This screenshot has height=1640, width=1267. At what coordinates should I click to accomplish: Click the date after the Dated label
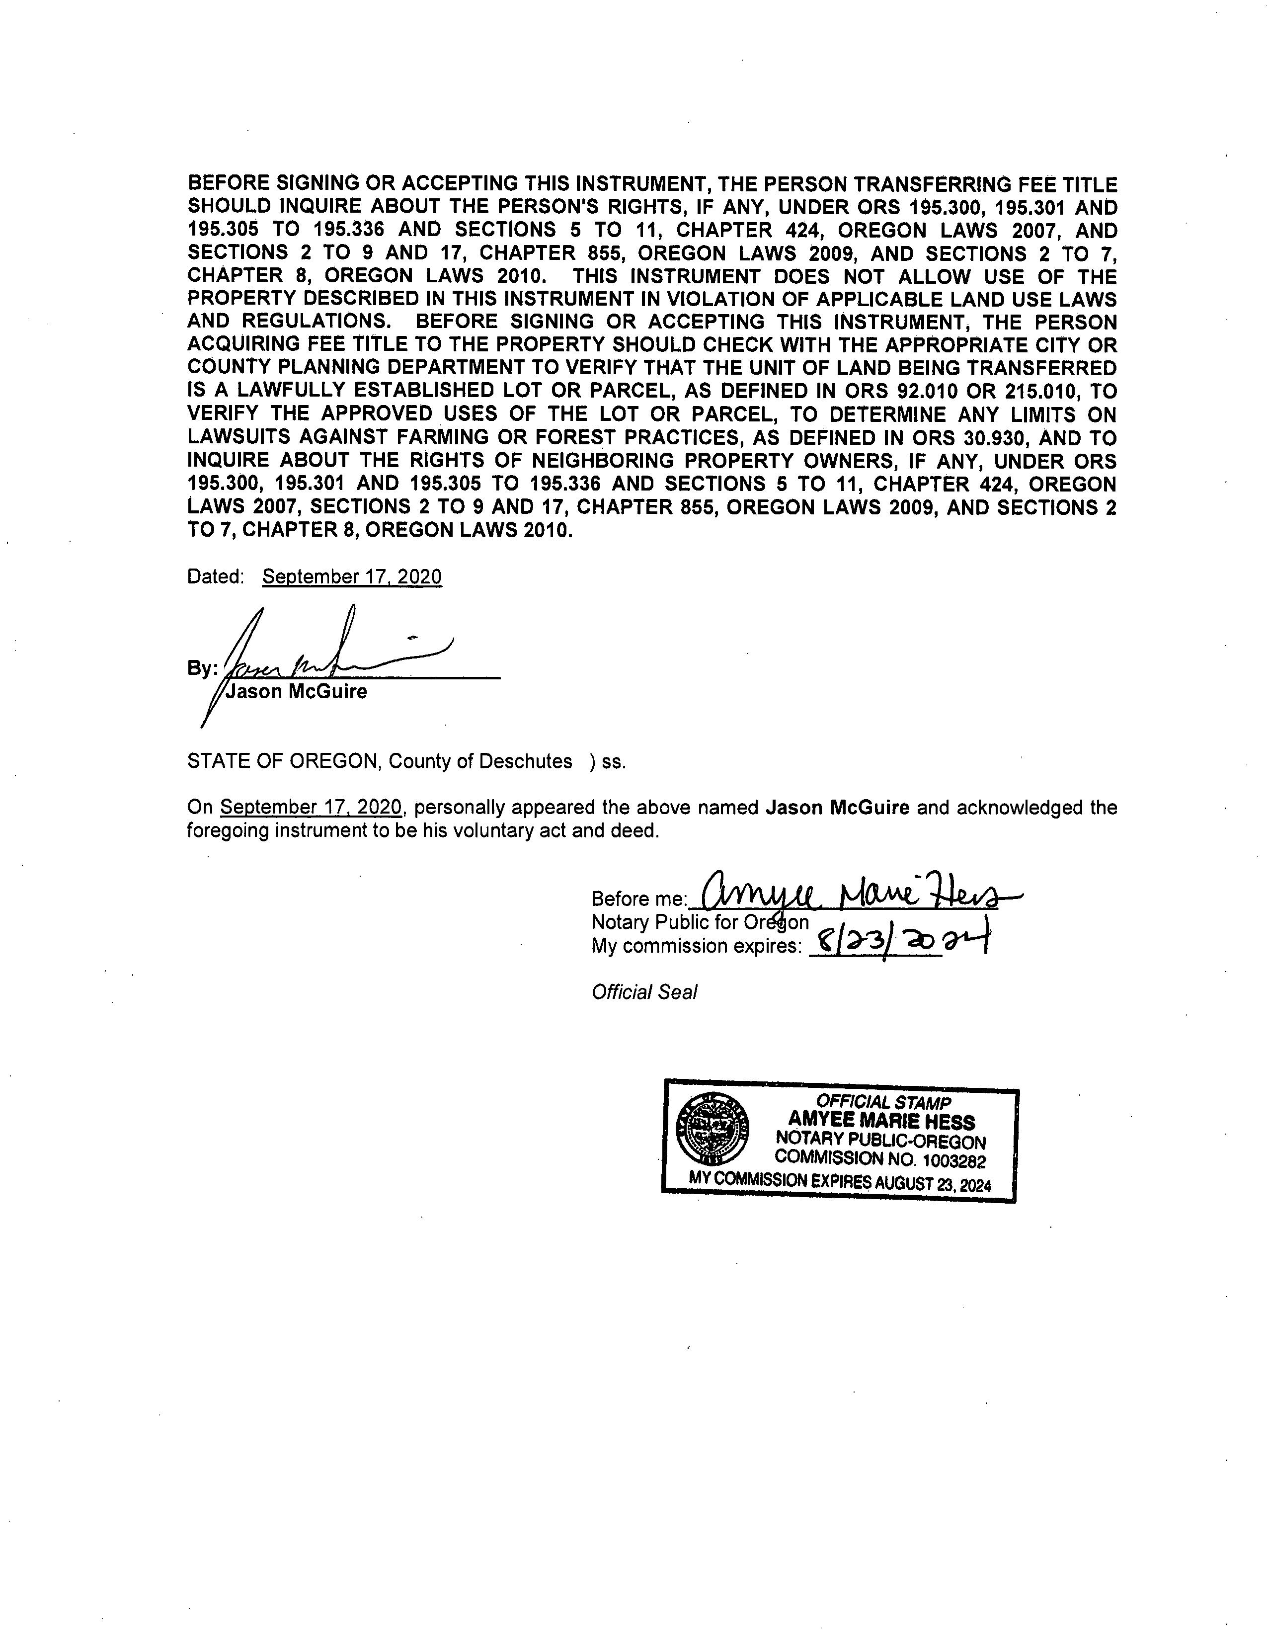click(x=352, y=576)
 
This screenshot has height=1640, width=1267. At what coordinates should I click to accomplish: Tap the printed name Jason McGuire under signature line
click(x=297, y=692)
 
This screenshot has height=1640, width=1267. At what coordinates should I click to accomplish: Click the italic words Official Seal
click(x=644, y=992)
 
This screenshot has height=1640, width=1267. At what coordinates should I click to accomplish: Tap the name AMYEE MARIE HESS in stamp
click(x=881, y=1122)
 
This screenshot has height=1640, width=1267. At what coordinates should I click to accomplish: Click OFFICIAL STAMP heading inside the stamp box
click(x=883, y=1102)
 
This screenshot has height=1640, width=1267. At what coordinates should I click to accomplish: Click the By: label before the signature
click(x=202, y=668)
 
